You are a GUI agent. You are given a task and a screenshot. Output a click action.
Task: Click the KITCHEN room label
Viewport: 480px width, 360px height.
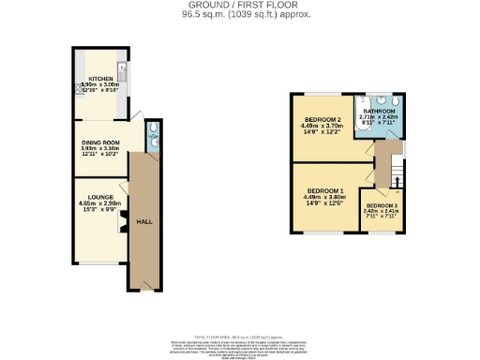pos(99,79)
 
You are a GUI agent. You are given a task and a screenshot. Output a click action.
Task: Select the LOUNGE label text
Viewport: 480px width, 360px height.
pos(100,197)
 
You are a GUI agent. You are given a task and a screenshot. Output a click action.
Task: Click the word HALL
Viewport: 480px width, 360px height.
pos(144,221)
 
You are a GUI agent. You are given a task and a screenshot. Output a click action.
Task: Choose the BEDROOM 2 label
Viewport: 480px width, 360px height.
pos(321,121)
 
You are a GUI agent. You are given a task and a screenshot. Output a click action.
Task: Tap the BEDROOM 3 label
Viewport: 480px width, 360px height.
pos(382,205)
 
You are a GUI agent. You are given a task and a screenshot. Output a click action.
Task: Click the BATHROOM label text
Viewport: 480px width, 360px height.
pos(379,111)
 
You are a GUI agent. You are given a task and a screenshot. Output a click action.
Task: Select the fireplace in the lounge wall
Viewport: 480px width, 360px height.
pos(122,222)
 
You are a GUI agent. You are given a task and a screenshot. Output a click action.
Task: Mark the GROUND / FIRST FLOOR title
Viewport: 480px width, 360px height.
pos(240,6)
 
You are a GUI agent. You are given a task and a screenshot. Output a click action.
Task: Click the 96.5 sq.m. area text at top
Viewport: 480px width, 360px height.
pos(240,15)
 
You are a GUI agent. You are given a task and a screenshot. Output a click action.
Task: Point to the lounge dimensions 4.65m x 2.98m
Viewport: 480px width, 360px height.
pos(100,203)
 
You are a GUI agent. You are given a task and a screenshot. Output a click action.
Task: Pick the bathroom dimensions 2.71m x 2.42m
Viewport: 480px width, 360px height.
pos(379,117)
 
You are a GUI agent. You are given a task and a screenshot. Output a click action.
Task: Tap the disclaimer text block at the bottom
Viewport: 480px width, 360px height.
pos(240,344)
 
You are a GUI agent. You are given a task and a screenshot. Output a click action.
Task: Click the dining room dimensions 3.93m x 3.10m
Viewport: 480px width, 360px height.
pos(100,149)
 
